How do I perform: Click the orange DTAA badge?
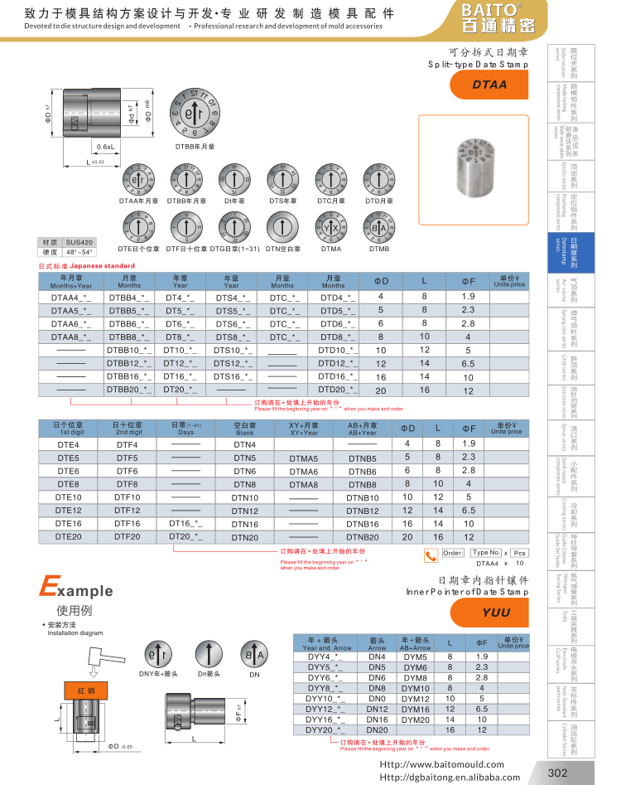click(489, 85)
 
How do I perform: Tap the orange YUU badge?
click(496, 613)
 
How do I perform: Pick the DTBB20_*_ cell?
click(128, 389)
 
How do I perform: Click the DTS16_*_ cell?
click(232, 376)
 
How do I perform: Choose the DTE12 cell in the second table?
click(68, 511)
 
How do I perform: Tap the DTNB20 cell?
click(362, 537)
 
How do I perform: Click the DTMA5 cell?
click(304, 458)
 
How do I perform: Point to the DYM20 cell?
click(415, 720)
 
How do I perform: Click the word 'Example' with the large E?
click(75, 590)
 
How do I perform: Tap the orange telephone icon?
click(431, 555)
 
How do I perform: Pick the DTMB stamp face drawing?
click(379, 228)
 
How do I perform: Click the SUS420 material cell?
click(80, 241)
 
